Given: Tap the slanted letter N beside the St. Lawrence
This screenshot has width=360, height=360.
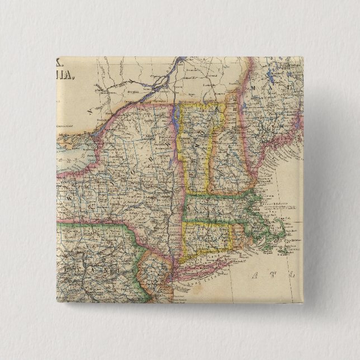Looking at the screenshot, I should (x=88, y=111).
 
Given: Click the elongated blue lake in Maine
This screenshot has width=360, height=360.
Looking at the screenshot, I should (x=271, y=76).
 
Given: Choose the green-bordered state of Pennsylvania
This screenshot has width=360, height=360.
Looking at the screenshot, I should (x=84, y=268).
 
